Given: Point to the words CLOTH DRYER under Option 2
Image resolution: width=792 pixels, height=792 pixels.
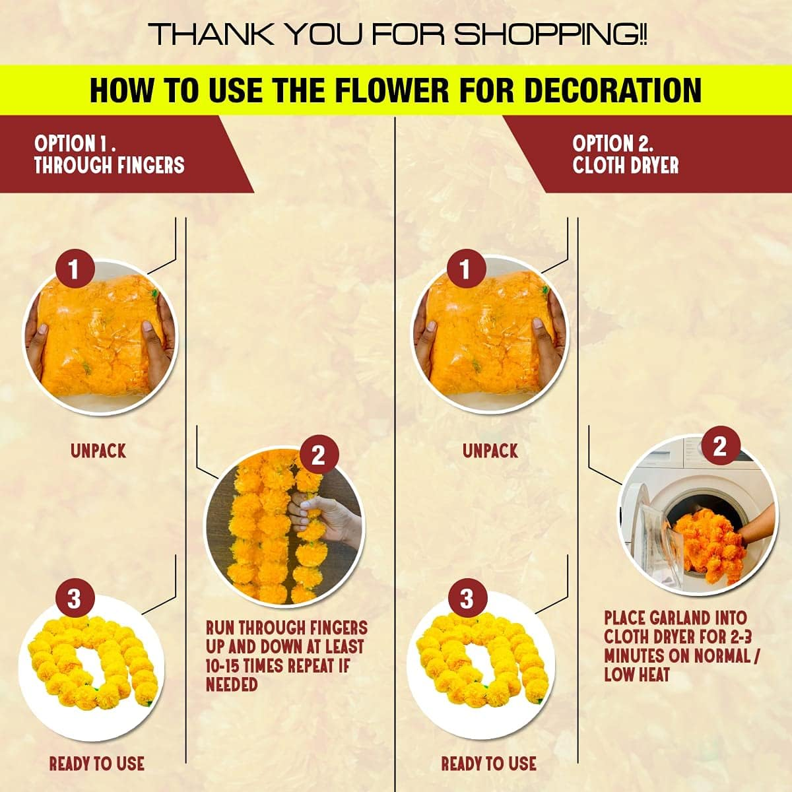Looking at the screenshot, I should tap(626, 165).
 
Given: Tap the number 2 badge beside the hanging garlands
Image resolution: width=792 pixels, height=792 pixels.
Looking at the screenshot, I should tap(318, 455).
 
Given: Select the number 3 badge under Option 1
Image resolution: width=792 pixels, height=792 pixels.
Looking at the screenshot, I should tap(73, 599).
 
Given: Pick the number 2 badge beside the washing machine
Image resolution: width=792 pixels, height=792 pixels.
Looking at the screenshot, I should tap(719, 447).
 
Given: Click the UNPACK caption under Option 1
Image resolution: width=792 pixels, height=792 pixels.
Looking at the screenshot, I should tap(98, 451).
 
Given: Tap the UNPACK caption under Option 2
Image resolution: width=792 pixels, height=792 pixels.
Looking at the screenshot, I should tap(490, 451).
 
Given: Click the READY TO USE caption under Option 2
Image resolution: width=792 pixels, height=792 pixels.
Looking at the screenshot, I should tap(488, 764).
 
